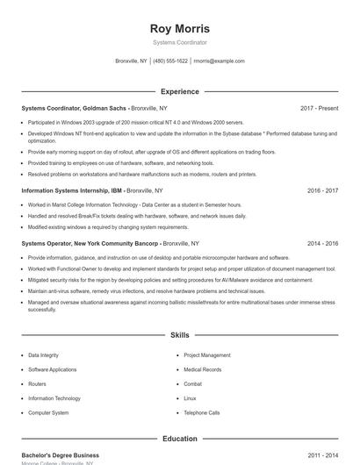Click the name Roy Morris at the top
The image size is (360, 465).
(x=180, y=28)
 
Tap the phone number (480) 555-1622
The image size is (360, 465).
(x=170, y=61)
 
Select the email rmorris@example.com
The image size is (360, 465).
(x=219, y=61)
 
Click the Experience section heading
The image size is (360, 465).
(x=180, y=91)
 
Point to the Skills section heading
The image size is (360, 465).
(x=180, y=335)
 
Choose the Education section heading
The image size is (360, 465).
(x=180, y=438)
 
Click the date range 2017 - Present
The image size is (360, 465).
(x=319, y=108)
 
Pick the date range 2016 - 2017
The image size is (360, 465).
(x=322, y=190)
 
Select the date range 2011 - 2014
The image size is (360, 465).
(x=322, y=455)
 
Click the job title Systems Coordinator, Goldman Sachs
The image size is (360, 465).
(x=74, y=108)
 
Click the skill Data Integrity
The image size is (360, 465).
(x=43, y=355)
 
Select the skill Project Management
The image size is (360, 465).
(x=207, y=355)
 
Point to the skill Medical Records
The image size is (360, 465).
(x=203, y=369)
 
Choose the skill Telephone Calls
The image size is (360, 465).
(x=202, y=412)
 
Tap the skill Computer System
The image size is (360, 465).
(x=48, y=412)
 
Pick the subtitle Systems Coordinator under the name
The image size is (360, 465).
(x=180, y=42)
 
